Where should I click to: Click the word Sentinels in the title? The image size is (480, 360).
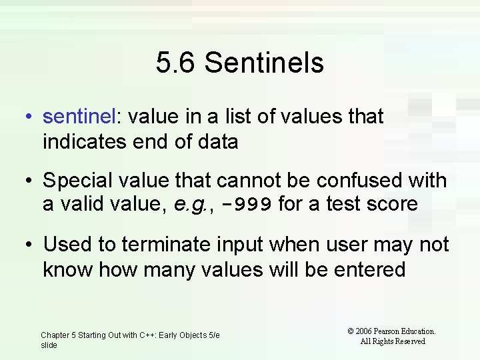(x=264, y=63)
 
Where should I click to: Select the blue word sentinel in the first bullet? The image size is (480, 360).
(x=79, y=117)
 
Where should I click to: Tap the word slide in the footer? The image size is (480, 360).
(x=49, y=345)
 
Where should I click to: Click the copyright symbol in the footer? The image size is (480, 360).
(x=351, y=331)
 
